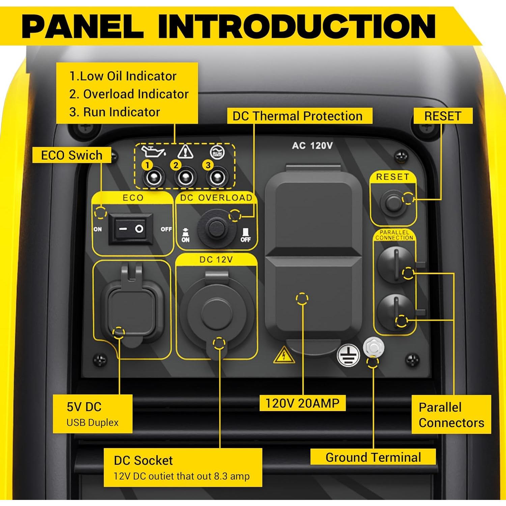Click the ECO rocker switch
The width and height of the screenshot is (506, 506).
[x=131, y=229]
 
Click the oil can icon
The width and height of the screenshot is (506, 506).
[x=153, y=152]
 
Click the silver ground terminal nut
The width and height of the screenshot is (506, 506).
[x=373, y=346]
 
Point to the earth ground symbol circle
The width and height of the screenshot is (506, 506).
[x=348, y=355]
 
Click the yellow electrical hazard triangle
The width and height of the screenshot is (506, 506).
[x=284, y=355]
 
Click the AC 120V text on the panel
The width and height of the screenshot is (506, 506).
[x=312, y=146]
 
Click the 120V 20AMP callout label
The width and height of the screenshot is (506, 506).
[x=302, y=403]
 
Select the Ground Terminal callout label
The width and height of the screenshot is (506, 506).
[x=373, y=457]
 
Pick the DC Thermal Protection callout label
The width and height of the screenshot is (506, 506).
[x=298, y=116]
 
